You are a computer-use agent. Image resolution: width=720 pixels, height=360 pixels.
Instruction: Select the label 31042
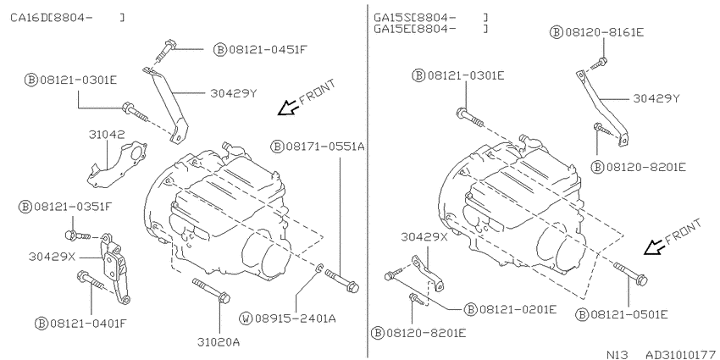[x=107, y=135]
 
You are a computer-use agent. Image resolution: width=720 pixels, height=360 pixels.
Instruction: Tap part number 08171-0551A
[x=324, y=147]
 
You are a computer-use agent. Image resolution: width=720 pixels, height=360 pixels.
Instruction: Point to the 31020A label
[x=219, y=342]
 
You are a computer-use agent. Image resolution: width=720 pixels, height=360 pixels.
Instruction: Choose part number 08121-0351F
[x=72, y=207]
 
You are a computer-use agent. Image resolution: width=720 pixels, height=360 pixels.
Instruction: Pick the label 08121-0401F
[x=86, y=324]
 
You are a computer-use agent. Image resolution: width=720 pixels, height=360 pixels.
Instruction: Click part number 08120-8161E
[x=604, y=32]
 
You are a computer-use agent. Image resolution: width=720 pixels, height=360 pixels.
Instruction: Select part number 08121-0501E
[x=629, y=314]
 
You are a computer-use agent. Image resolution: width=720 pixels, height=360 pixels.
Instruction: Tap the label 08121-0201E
[x=518, y=309]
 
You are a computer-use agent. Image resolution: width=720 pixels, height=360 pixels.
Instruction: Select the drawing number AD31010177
[x=682, y=354]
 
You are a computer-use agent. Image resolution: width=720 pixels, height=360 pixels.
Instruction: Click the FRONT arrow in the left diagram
[x=288, y=108]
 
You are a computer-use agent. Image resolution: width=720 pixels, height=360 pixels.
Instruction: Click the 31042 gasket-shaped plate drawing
[x=117, y=164]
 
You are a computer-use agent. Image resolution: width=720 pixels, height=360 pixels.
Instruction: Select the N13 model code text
[x=617, y=354]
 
